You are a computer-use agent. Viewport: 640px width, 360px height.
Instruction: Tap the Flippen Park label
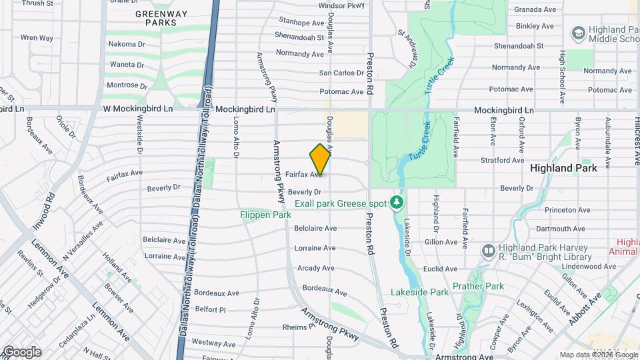[x=265, y=215]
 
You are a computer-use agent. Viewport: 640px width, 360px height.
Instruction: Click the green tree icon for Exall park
[x=397, y=201]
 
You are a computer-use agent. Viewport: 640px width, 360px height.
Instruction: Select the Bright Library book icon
[x=488, y=251]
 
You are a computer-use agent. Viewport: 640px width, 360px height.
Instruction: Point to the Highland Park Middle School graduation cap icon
[x=577, y=33]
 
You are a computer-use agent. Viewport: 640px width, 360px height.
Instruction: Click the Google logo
[x=21, y=352]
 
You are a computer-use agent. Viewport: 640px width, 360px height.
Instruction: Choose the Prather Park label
[x=477, y=287]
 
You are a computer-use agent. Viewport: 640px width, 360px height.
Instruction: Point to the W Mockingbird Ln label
[x=137, y=109]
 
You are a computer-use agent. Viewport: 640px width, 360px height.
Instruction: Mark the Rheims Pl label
[x=297, y=327]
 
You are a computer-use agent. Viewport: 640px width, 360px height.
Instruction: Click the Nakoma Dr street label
[x=127, y=44]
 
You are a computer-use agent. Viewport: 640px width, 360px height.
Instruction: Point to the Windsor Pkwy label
[x=342, y=5]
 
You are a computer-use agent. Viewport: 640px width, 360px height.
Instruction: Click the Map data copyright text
[x=598, y=355]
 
